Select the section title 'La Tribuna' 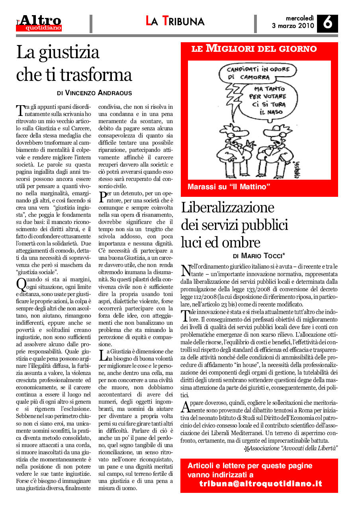pyautogui.click(x=175, y=21)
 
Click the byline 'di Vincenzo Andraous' pyautogui.click(x=94, y=93)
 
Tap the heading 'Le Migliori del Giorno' pyautogui.click(x=254, y=49)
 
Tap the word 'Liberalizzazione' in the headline pyautogui.click(x=228, y=208)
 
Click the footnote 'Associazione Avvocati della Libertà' pyautogui.click(x=293, y=448)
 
